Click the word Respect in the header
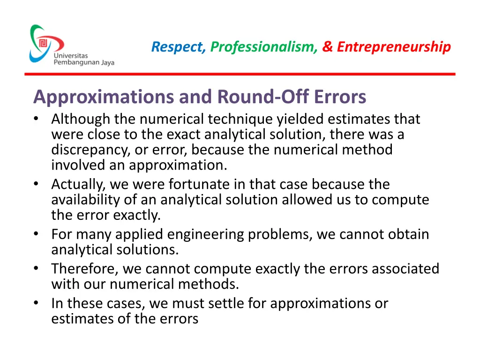tap(178, 47)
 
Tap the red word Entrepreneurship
tap(394, 47)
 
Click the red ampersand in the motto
tap(328, 47)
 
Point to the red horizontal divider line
tap(240, 74)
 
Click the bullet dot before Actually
tap(37, 185)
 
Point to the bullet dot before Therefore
tap(37, 269)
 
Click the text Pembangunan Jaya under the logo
tap(84, 63)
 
